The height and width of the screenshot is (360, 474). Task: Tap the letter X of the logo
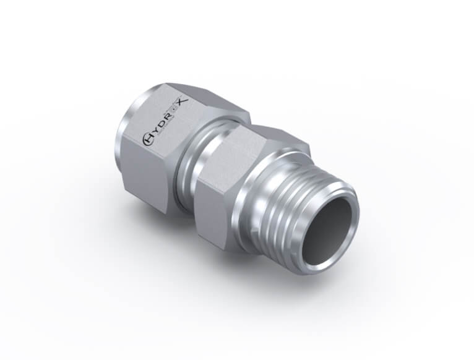click(x=184, y=102)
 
